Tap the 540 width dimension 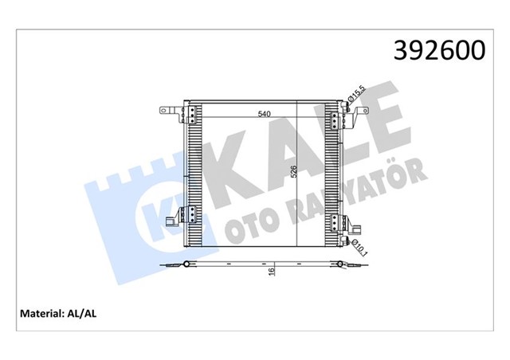[263, 114]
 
